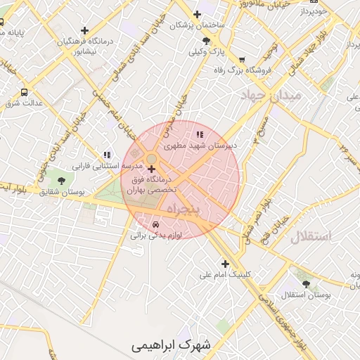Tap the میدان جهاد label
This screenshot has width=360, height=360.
click(x=271, y=94)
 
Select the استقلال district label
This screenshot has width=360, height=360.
click(x=310, y=236)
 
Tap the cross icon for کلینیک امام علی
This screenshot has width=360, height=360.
click(x=225, y=264)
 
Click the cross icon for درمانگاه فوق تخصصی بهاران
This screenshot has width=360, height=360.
click(x=152, y=169)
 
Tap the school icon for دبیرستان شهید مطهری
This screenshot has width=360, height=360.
click(x=200, y=134)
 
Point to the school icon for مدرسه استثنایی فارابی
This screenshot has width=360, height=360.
click(x=107, y=155)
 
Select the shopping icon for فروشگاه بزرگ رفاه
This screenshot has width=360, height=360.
click(x=243, y=60)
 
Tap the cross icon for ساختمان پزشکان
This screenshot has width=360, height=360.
click(x=197, y=13)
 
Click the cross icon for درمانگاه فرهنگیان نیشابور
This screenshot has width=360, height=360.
click(x=85, y=30)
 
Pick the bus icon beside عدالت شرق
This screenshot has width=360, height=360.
click(x=25, y=92)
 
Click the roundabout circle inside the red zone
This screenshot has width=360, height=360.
click(x=151, y=157)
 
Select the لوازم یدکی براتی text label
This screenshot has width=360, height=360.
click(x=156, y=236)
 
